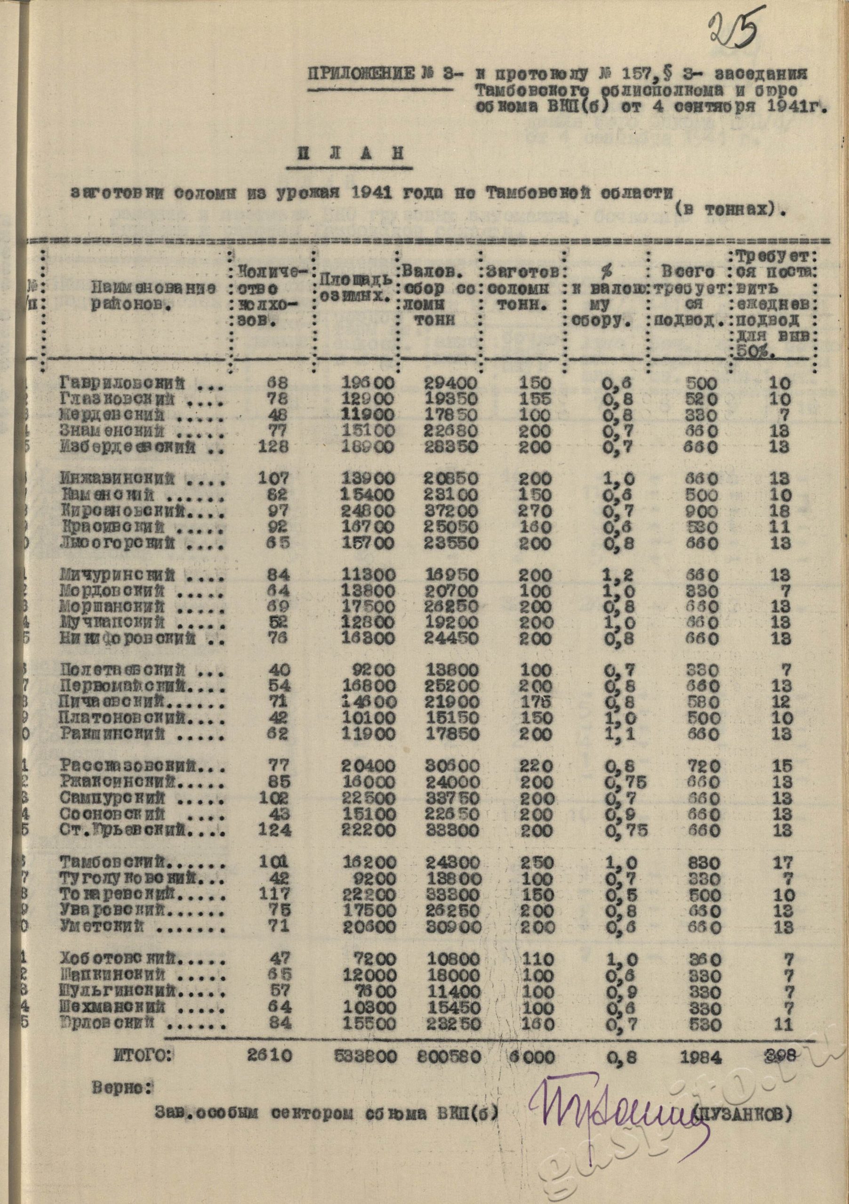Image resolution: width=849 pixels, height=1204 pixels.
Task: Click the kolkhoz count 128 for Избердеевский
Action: point(273,447)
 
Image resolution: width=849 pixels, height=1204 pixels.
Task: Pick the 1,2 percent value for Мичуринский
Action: point(620,576)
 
